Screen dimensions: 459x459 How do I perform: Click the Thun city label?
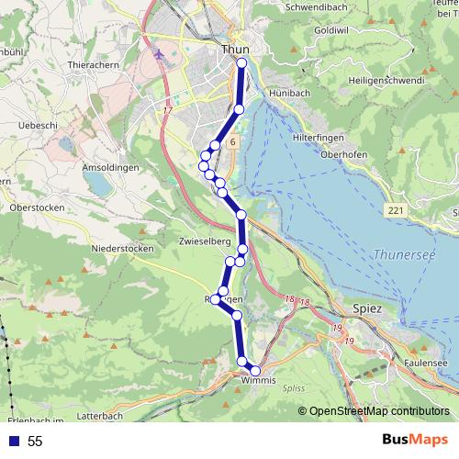click(236, 50)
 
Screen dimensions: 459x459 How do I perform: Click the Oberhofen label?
click(345, 154)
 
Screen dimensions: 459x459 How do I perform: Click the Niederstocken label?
click(121, 248)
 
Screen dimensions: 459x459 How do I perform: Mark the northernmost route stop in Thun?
click(242, 62)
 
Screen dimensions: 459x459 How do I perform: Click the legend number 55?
click(35, 442)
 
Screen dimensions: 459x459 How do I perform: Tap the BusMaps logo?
click(416, 441)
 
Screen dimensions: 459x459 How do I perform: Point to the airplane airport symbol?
click(162, 55)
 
